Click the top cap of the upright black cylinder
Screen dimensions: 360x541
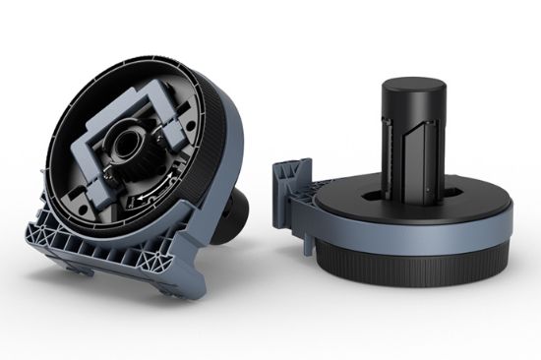[408, 81]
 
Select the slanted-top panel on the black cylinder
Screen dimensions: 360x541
[431, 148]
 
